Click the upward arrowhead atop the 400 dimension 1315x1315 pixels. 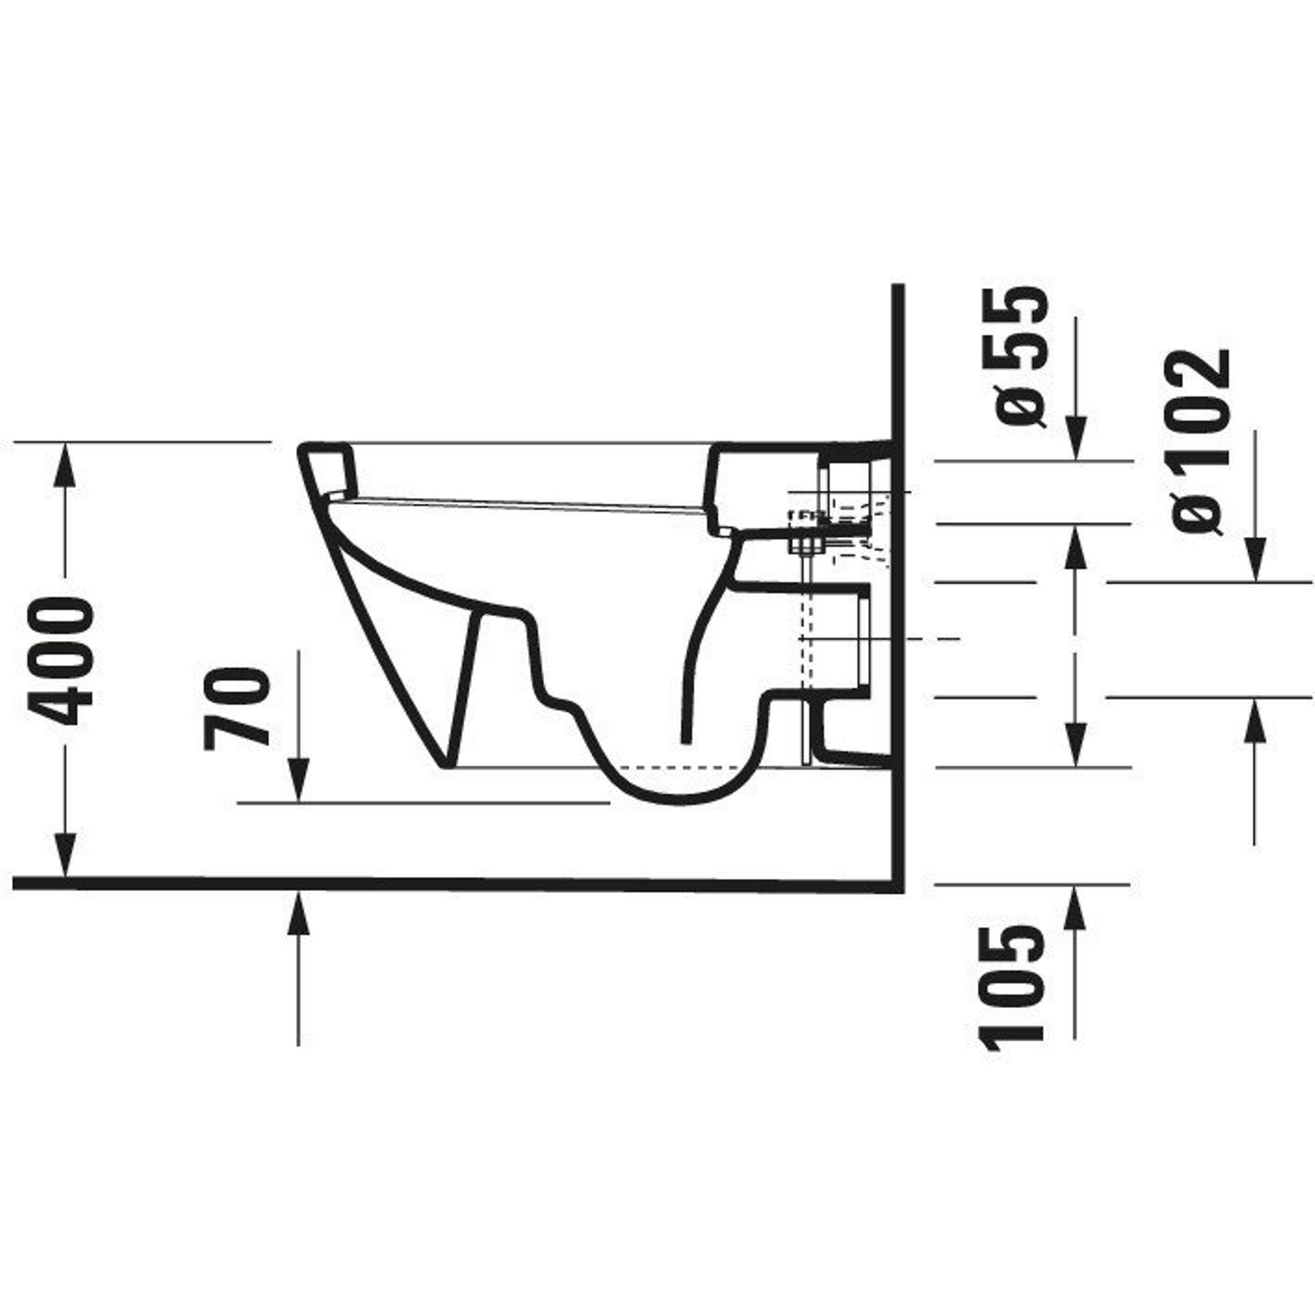coord(65,464)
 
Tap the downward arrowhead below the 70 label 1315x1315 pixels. coord(299,780)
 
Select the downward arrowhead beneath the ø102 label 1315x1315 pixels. coord(1256,560)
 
